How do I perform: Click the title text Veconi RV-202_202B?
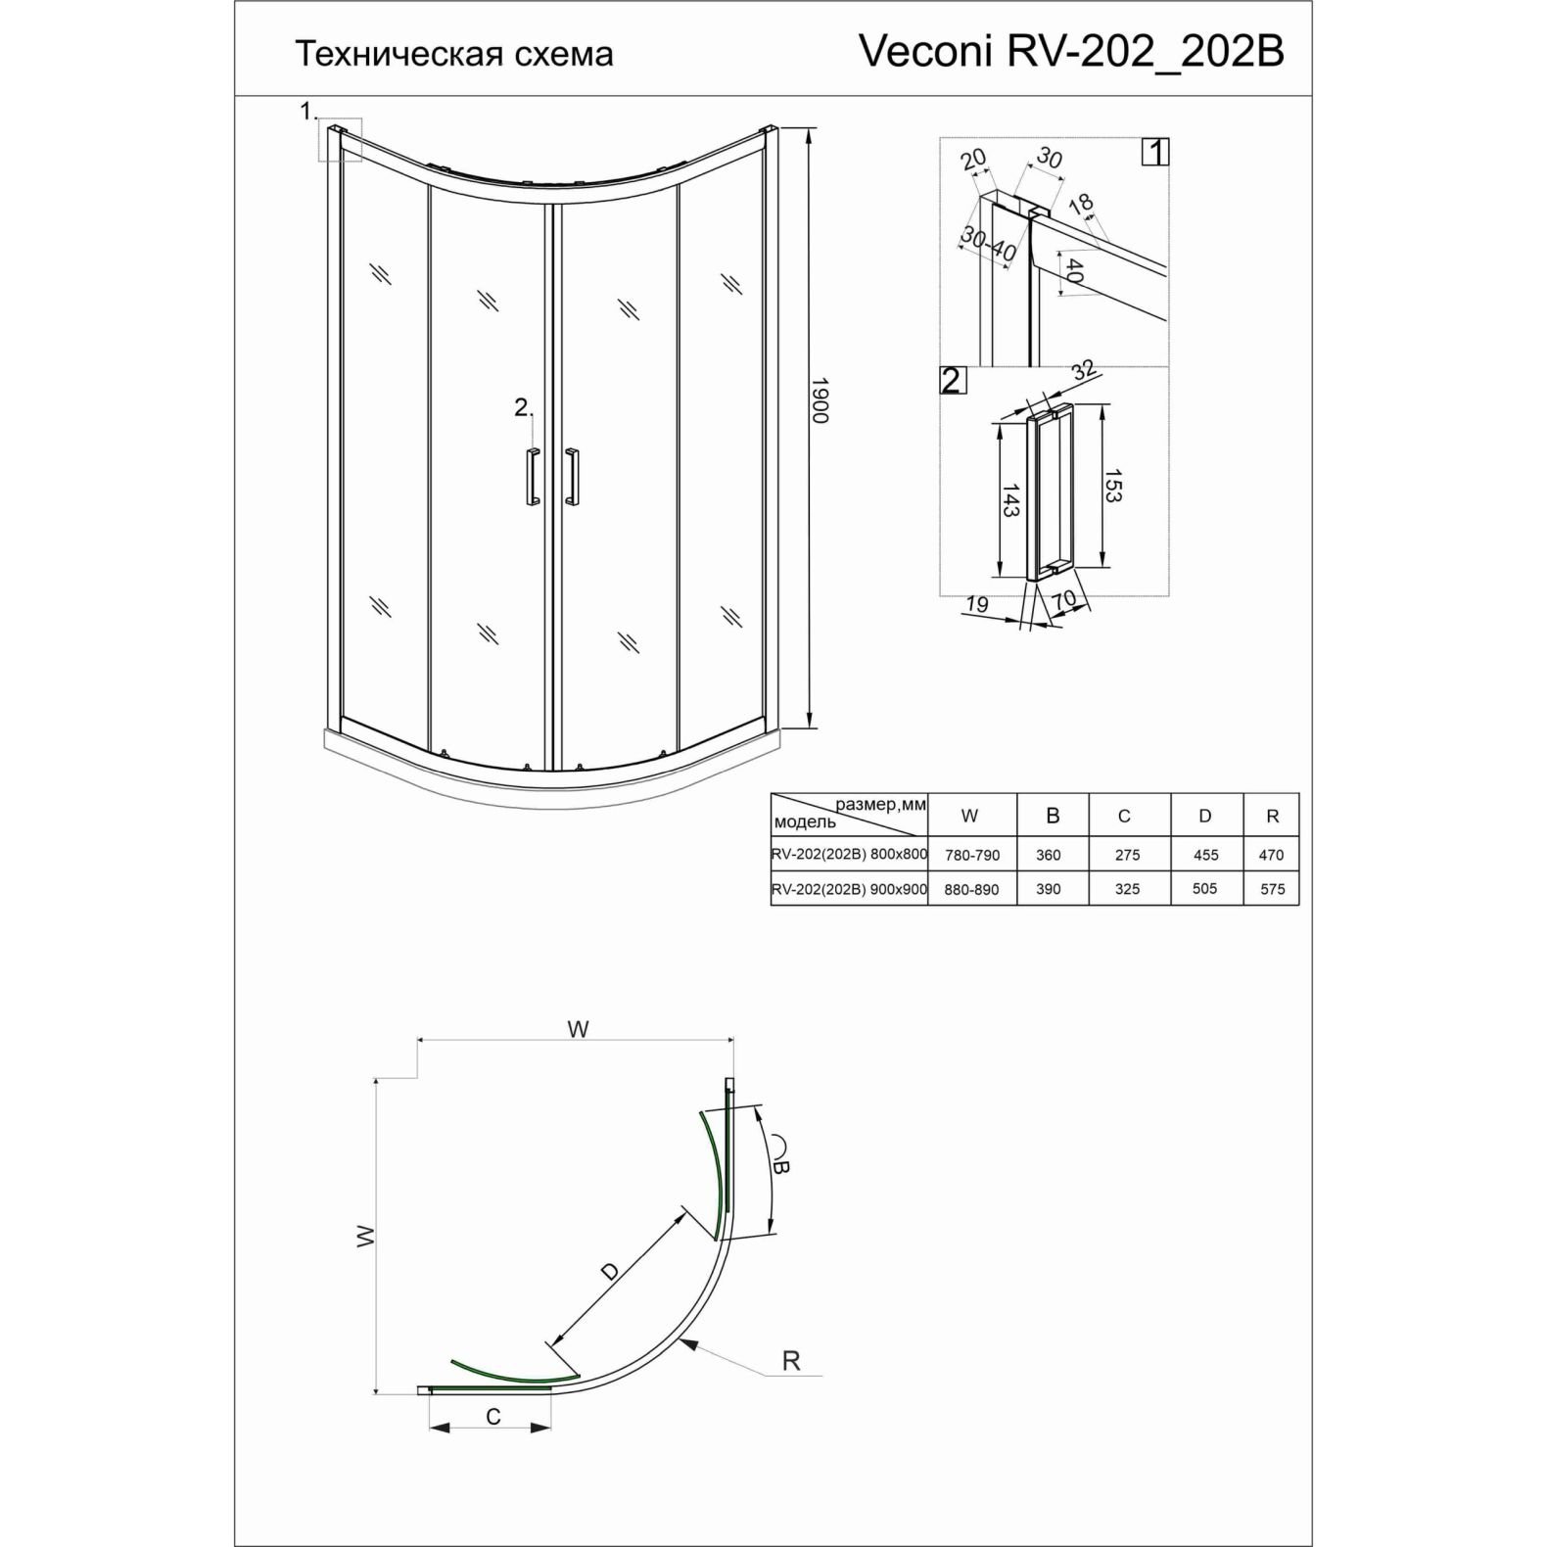coord(1071,52)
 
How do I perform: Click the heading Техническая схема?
coord(454,54)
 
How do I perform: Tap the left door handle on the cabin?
coord(532,477)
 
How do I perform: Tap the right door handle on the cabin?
coord(571,477)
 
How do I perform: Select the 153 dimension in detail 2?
coord(1112,487)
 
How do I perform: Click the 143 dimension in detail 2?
coord(1011,500)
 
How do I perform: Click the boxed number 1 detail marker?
coord(1156,152)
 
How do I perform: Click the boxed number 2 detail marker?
coord(952,380)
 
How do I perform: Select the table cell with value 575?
coord(1272,889)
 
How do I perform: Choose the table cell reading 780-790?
coord(972,855)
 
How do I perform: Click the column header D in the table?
coord(1205,816)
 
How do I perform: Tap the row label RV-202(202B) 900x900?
coord(850,889)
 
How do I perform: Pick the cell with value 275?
coord(1127,855)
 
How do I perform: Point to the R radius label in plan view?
coord(791,1360)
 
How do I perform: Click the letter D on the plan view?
coord(609,1272)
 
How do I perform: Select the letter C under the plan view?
coord(493,1417)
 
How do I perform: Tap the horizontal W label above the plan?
coord(578,1029)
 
